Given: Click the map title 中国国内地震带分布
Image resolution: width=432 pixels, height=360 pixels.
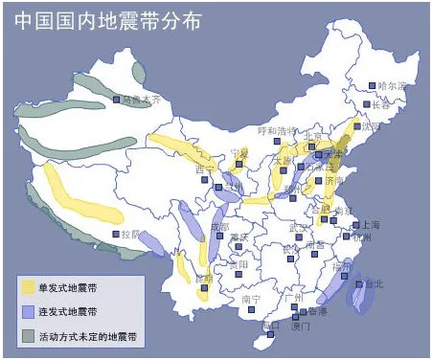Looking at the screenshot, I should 108,20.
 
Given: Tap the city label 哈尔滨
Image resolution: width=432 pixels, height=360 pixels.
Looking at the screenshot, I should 393,86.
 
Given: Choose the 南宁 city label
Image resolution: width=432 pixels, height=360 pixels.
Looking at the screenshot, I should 251,299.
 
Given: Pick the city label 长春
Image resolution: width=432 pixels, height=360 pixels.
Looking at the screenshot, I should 381,104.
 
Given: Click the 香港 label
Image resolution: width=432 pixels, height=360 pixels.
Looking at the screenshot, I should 316,311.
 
